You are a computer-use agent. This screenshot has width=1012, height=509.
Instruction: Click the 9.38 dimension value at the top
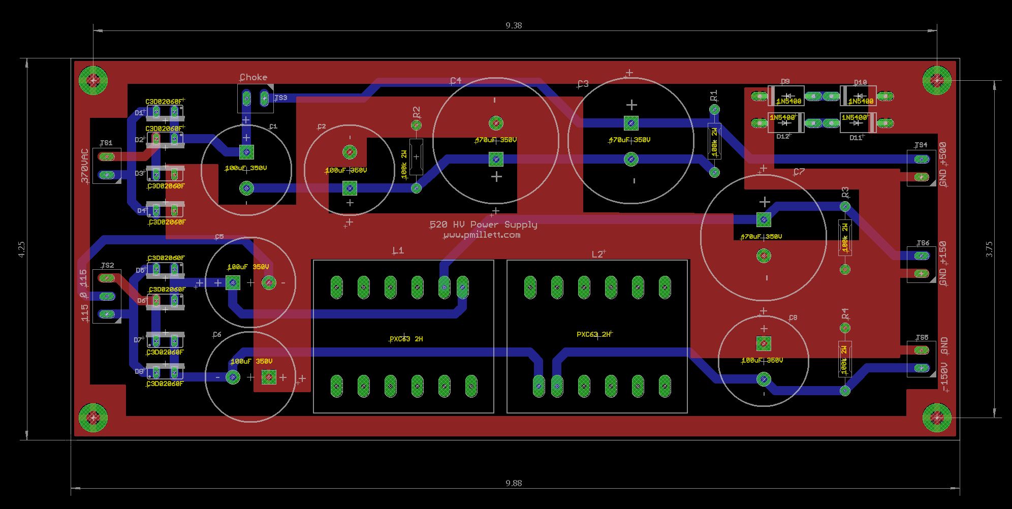point(514,25)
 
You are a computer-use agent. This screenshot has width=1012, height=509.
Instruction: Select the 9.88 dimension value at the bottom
point(514,483)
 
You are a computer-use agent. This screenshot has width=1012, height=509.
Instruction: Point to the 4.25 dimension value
point(21,249)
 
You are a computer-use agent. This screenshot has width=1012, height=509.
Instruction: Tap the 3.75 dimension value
point(989,249)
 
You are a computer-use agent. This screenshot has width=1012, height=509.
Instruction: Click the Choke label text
point(253,77)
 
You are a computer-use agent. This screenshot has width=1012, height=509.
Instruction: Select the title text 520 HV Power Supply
point(483,225)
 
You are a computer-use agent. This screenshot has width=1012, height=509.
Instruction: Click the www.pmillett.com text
point(482,235)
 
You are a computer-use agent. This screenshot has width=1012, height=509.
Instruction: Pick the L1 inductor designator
point(398,250)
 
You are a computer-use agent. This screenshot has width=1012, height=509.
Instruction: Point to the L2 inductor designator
point(597,254)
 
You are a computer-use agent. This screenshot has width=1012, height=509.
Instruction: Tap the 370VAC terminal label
point(84,166)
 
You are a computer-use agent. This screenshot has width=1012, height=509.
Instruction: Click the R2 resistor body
point(416,157)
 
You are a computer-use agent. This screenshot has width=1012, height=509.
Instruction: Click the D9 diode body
point(786,96)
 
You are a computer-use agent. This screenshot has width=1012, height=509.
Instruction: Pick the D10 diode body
point(858,96)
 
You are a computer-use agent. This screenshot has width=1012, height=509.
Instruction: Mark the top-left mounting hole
point(93,80)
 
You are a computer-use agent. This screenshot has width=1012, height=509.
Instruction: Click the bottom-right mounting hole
point(936,418)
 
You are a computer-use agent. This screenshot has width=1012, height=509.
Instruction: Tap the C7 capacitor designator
point(799,172)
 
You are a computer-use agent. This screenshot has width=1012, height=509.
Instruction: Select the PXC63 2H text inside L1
point(406,339)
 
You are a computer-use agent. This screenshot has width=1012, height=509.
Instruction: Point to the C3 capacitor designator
point(583,84)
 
